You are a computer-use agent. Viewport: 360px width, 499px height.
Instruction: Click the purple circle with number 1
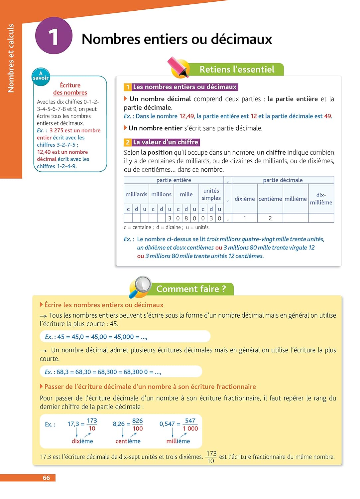(54, 36)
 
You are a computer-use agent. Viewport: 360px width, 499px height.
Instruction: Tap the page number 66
(46, 478)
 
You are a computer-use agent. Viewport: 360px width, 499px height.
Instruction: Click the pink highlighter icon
(178, 67)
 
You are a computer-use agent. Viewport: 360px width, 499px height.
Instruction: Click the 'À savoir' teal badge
(41, 76)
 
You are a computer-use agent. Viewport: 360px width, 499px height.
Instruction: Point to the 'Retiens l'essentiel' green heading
(237, 70)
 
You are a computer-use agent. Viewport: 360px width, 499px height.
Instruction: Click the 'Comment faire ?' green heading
(191, 289)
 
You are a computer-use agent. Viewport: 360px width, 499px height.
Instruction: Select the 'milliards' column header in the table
(136, 194)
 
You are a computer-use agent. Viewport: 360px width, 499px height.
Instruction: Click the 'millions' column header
(161, 194)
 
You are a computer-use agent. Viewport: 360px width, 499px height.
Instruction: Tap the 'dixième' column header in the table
(245, 199)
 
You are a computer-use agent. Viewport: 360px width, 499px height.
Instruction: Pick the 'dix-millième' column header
(321, 199)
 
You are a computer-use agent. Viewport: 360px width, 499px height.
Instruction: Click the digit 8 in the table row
(186, 219)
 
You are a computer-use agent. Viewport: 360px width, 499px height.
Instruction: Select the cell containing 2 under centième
(270, 219)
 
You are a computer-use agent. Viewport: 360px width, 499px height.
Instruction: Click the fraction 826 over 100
(137, 424)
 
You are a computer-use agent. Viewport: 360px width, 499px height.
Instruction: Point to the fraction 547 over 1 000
(190, 424)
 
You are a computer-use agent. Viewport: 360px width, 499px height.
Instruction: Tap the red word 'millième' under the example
(178, 441)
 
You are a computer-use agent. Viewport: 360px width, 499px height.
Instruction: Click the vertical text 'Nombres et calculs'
(11, 58)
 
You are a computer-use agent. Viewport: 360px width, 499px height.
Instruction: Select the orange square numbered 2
(128, 142)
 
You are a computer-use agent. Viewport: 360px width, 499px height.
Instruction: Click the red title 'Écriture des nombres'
(70, 89)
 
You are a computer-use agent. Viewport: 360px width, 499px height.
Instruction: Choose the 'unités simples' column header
(211, 194)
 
